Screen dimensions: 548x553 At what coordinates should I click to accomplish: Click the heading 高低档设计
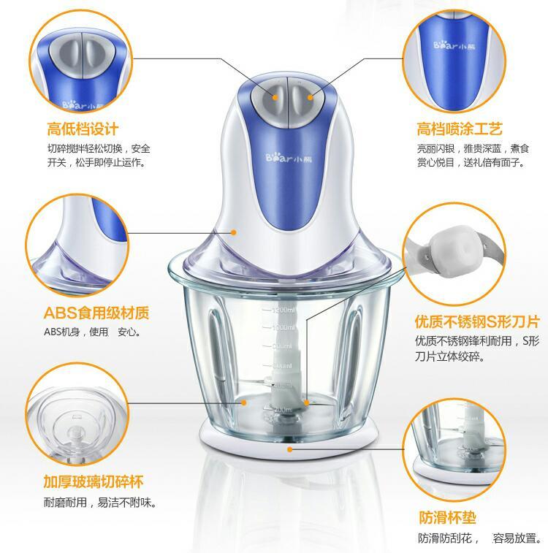click(x=83, y=129)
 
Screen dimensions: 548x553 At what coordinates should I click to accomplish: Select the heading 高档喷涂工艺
click(x=460, y=129)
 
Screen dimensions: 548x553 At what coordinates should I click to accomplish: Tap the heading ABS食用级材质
click(x=96, y=313)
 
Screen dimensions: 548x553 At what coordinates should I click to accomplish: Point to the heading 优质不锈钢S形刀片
click(x=477, y=321)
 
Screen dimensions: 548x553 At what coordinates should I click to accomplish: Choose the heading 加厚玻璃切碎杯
click(x=94, y=481)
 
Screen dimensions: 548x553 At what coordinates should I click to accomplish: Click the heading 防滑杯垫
click(x=447, y=518)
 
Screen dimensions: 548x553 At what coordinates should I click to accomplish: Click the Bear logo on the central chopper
click(x=289, y=158)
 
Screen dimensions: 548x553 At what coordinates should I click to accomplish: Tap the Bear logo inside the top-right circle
click(x=454, y=45)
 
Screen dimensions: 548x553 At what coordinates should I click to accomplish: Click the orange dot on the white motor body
click(x=233, y=232)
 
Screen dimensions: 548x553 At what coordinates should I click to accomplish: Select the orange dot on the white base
click(x=290, y=449)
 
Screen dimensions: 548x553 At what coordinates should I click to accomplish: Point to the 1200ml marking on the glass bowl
click(x=283, y=310)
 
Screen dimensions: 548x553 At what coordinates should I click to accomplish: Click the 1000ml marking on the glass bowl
click(x=283, y=328)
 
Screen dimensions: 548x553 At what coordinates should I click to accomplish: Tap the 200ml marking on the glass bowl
click(x=283, y=410)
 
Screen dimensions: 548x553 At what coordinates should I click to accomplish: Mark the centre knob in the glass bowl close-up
click(x=75, y=432)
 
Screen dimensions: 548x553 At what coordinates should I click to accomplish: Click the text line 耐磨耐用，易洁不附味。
click(x=100, y=502)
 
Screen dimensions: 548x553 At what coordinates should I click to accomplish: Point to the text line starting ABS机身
click(x=92, y=332)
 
